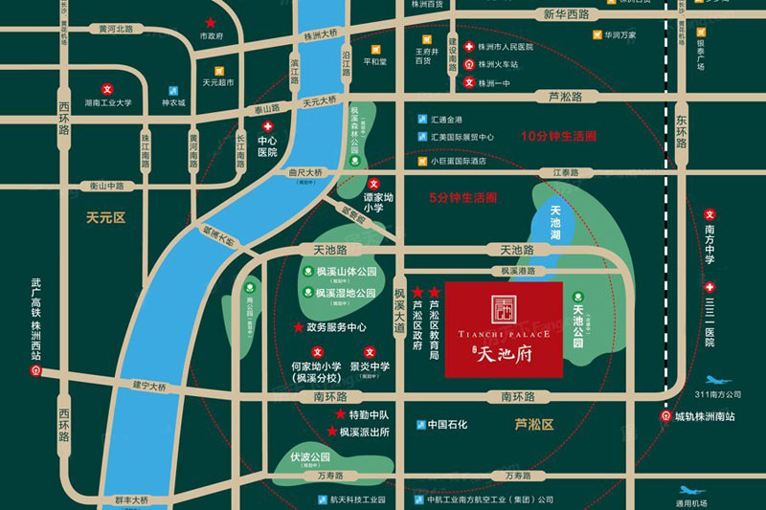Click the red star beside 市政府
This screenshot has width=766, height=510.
coord(210,21)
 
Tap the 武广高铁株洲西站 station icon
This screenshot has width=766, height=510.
coord(36,368)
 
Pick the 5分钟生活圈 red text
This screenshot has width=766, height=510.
coord(462,198)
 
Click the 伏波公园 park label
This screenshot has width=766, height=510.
coord(311,456)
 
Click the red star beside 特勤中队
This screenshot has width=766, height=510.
coord(340,414)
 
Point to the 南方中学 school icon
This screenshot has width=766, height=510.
coord(710,215)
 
